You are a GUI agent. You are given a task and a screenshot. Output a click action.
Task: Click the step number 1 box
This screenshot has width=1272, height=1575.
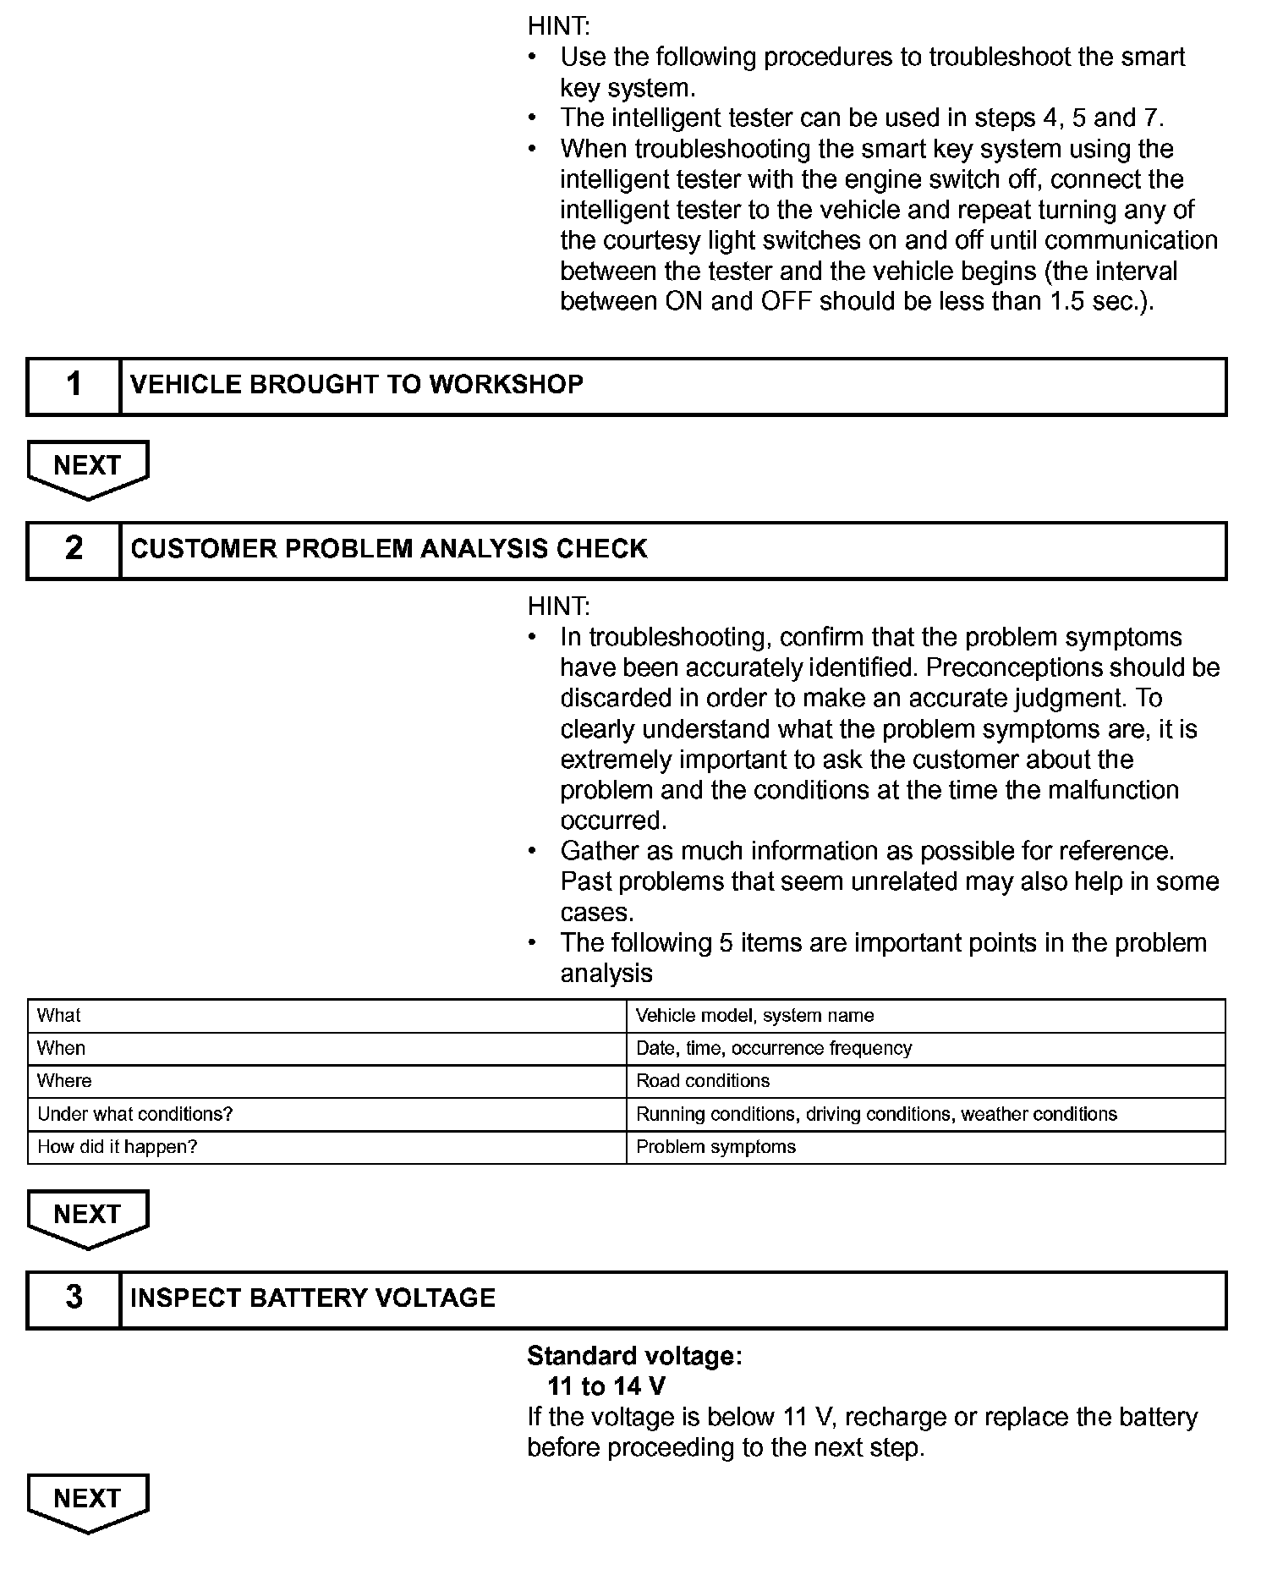pyautogui.click(x=74, y=386)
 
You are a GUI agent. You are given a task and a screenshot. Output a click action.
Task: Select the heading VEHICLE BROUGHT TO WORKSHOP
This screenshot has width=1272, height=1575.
pyautogui.click(x=357, y=385)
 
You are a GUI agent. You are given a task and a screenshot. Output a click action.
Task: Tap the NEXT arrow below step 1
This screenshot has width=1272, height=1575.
pyautogui.click(x=88, y=468)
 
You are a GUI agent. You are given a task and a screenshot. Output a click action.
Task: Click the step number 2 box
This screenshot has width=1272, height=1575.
pyautogui.click(x=74, y=550)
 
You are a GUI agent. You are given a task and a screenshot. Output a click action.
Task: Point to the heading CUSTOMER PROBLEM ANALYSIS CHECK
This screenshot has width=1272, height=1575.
pyautogui.click(x=389, y=549)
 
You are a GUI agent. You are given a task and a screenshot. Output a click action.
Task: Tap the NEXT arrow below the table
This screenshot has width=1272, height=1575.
pyautogui.click(x=88, y=1217)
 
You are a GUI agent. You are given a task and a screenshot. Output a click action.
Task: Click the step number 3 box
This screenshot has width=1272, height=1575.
pyautogui.click(x=74, y=1298)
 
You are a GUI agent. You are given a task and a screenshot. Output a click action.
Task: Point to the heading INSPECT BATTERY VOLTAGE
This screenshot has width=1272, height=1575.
pyautogui.click(x=313, y=1298)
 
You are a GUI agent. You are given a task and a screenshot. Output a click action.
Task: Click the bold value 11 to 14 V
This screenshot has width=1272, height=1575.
pyautogui.click(x=606, y=1386)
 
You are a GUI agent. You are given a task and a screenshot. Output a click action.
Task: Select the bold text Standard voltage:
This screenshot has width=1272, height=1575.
pyautogui.click(x=634, y=1356)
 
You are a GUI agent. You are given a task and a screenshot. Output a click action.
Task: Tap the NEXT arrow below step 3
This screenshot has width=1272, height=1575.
pyautogui.click(x=88, y=1501)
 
